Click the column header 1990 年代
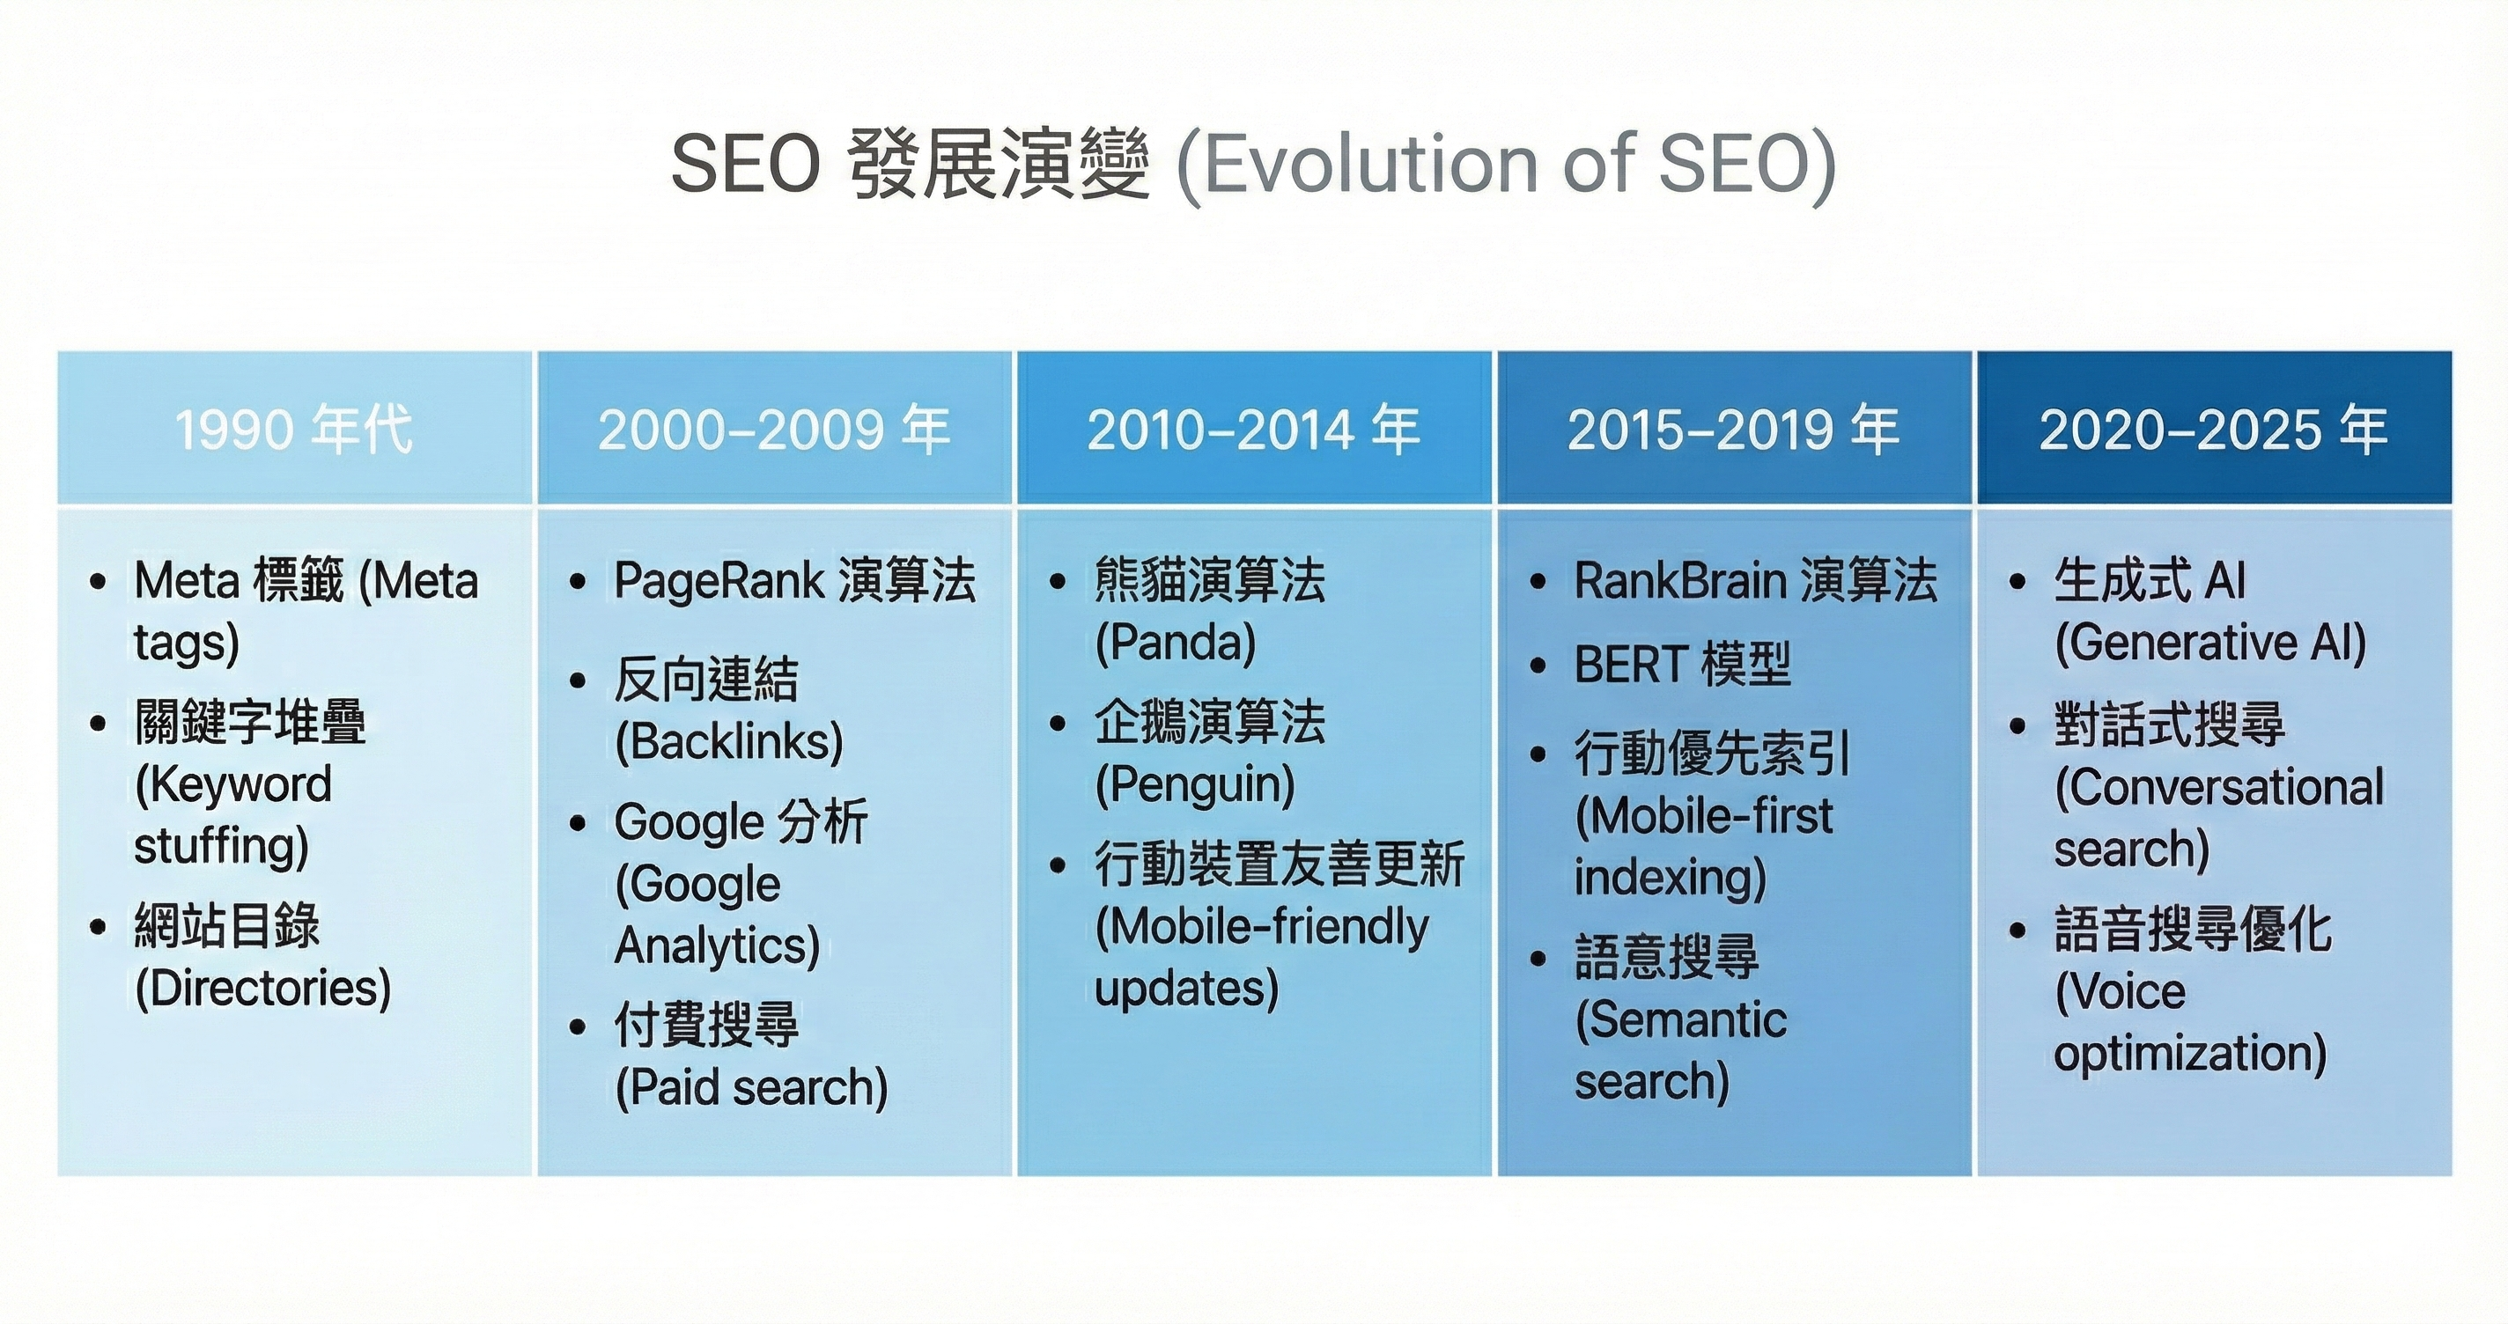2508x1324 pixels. pos(294,430)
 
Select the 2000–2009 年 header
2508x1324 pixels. pos(774,430)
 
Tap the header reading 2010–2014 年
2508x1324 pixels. pos(1254,430)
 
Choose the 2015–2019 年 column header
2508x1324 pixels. pos(1734,430)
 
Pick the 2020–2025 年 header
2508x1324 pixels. pos(2214,430)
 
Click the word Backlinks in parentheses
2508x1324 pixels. pos(729,742)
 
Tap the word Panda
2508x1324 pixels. pos(1175,643)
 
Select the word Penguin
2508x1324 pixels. pos(1195,784)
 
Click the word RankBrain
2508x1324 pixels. pos(1680,581)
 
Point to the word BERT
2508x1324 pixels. pos(1629,665)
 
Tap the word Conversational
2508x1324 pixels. pos(2226,787)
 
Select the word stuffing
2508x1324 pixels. pos(214,845)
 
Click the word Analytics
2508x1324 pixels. pos(712,945)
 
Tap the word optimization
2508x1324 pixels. pos(2184,1054)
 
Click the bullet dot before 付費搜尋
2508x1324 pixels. pos(579,1026)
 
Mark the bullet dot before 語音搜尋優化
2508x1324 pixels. pos(2018,930)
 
